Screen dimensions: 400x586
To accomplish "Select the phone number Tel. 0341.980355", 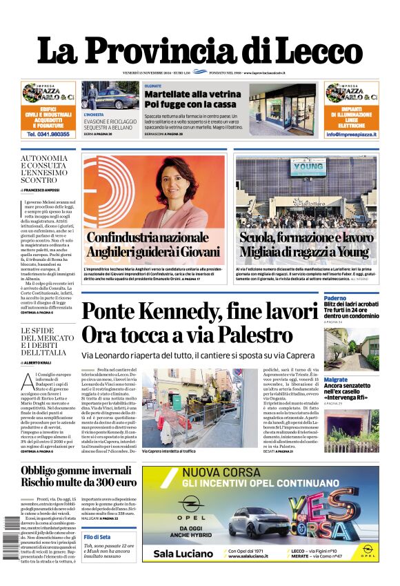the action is click(48, 135).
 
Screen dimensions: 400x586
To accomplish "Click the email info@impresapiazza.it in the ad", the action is click(351, 135).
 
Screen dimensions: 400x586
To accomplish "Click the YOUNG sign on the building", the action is click(308, 166).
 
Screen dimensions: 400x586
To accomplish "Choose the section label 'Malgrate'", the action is click(336, 380).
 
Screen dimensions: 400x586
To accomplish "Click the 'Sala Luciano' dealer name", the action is click(183, 553).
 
